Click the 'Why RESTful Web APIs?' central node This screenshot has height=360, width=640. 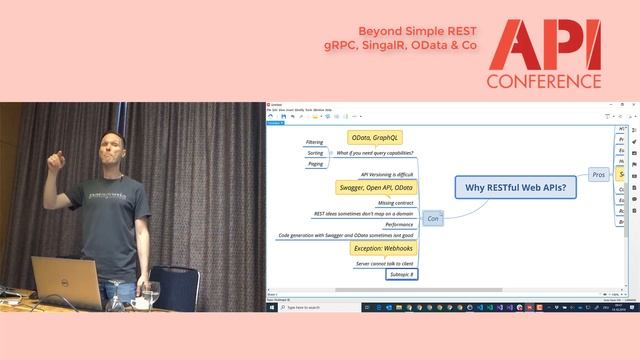[x=516, y=187]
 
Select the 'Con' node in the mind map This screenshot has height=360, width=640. [x=433, y=217]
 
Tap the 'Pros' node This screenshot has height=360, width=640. [x=599, y=174]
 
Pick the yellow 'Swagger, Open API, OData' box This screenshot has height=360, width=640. [x=375, y=187]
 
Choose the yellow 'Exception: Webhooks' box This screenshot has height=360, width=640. [x=382, y=248]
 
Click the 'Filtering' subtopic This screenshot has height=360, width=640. [x=314, y=143]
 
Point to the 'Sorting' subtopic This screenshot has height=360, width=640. [x=315, y=154]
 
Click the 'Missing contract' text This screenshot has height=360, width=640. [x=395, y=202]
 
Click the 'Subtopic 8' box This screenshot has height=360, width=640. [x=400, y=274]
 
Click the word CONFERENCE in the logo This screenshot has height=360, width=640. [x=544, y=81]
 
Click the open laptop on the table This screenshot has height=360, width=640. [x=67, y=280]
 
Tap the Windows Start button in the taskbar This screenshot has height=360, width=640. [x=270, y=307]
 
